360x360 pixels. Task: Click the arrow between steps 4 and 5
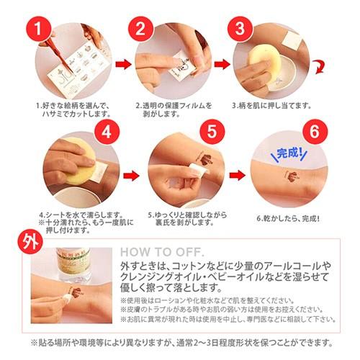click(130, 174)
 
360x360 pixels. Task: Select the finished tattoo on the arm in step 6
click(292, 174)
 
